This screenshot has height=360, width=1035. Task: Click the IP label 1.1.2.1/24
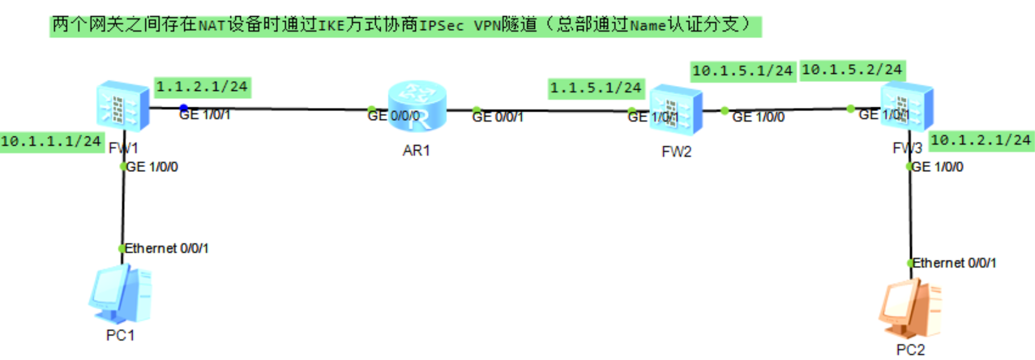point(201,86)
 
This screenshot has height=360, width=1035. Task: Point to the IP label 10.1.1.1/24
point(52,141)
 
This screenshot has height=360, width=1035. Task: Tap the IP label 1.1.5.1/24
point(596,87)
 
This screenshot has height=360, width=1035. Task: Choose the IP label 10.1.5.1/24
point(742,71)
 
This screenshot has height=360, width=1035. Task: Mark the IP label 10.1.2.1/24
point(981,140)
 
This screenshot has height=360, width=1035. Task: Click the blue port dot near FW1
point(184,108)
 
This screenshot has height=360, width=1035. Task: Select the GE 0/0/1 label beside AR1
point(498,118)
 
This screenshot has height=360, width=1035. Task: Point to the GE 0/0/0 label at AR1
point(394,117)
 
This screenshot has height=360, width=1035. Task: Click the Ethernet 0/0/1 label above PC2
point(954,263)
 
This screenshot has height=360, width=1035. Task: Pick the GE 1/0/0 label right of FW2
point(759,118)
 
